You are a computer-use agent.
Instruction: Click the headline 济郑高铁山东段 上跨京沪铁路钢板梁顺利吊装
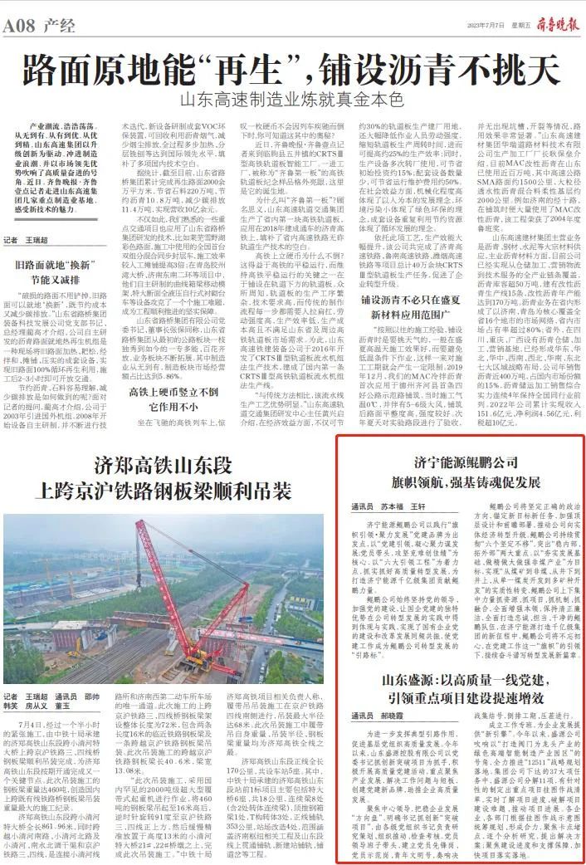click(x=158, y=476)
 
